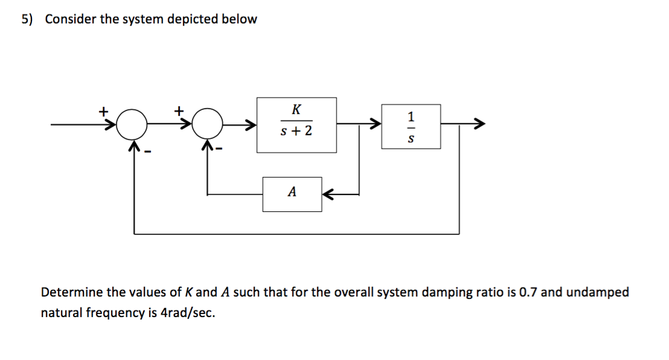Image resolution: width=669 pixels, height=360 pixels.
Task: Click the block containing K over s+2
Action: [296, 124]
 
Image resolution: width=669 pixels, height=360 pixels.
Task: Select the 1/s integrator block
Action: [411, 126]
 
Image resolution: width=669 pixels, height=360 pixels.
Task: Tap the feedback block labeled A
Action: [292, 194]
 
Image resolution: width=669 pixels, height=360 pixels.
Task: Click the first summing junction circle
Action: [132, 126]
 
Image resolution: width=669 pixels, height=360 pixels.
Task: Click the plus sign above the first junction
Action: [104, 111]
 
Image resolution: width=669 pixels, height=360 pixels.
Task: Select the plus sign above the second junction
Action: [179, 111]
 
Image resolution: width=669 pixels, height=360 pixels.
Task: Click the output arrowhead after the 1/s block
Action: [478, 126]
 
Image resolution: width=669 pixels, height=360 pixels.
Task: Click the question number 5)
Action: [28, 19]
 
